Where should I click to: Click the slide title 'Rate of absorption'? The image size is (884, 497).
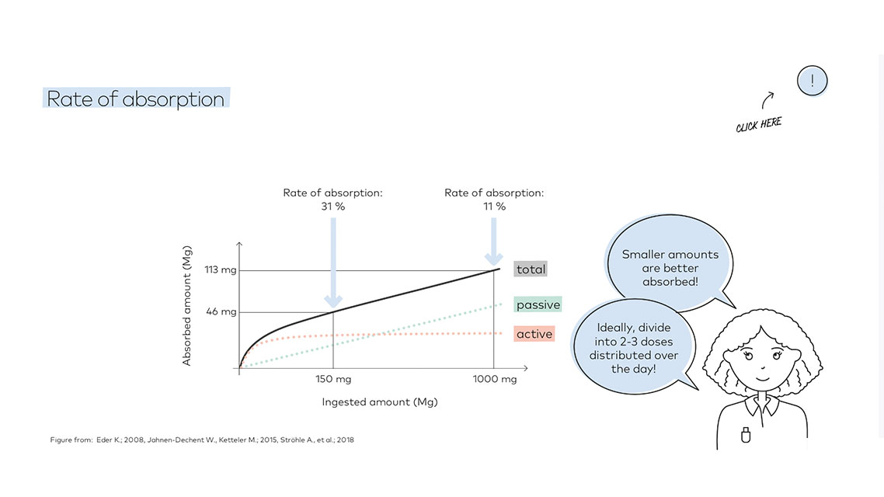(136, 99)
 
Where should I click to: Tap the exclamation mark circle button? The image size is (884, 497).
(812, 80)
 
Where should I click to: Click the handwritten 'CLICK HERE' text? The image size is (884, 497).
(759, 124)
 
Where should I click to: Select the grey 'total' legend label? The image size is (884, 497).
(531, 269)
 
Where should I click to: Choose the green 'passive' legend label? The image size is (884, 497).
(538, 304)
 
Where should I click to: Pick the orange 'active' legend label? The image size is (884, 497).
(534, 334)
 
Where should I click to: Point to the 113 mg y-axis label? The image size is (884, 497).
(221, 270)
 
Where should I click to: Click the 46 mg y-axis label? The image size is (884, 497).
(221, 311)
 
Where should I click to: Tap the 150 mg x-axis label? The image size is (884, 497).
(333, 379)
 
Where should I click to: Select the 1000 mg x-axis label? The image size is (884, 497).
(495, 379)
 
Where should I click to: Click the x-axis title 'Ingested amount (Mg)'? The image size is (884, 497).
(380, 402)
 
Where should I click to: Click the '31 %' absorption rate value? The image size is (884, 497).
(332, 207)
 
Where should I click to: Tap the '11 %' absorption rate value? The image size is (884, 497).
(494, 207)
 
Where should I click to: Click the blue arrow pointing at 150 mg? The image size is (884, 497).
(333, 264)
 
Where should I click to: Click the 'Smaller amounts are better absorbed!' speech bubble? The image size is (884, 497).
(670, 268)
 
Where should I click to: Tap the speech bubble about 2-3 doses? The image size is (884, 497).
(633, 348)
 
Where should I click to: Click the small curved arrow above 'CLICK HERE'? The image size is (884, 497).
(767, 99)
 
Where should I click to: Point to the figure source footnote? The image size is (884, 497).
(202, 440)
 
